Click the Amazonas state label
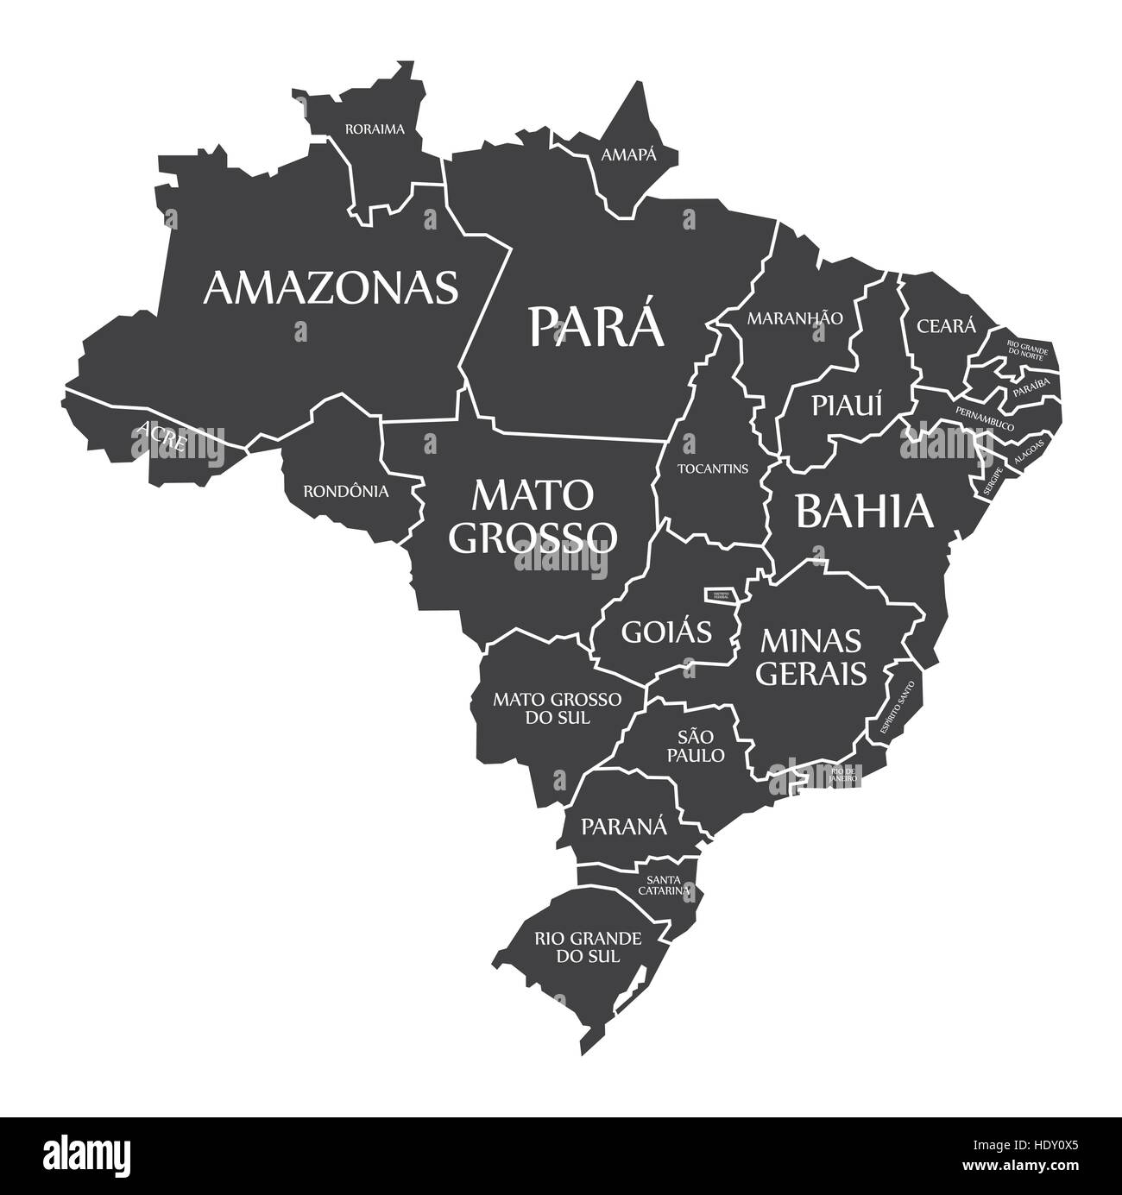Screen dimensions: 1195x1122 tap(331, 287)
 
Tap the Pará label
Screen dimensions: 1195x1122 tap(597, 325)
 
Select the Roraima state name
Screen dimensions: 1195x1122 tap(375, 129)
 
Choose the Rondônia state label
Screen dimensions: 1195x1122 tap(345, 491)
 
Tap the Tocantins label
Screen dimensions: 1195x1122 tap(712, 469)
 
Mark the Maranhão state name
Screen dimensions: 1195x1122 tap(794, 318)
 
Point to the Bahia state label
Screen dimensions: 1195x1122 tap(864, 511)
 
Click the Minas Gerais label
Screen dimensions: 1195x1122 tap(811, 657)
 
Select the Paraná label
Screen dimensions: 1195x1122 tap(624, 826)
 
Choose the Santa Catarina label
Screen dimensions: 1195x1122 tap(664, 883)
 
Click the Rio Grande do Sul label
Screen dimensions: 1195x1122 tap(588, 947)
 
